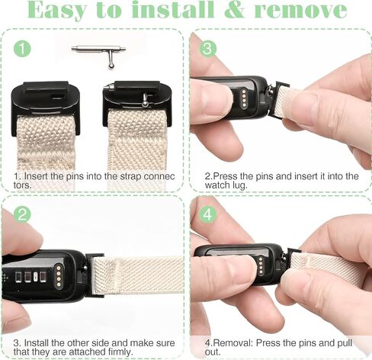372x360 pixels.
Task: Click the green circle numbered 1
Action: pyautogui.click(x=22, y=49)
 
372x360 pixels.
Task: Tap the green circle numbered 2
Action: pyautogui.click(x=22, y=214)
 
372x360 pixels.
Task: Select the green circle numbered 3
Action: pyautogui.click(x=207, y=49)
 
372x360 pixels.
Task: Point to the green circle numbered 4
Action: pyautogui.click(x=207, y=214)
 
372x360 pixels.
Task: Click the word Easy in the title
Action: pyautogui.click(x=57, y=10)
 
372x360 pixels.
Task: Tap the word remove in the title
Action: pyautogui.click(x=300, y=10)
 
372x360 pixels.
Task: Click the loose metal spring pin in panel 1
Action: pyautogui.click(x=98, y=55)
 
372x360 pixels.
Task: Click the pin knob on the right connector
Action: pyautogui.click(x=146, y=100)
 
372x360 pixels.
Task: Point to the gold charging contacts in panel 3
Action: pyautogui.click(x=244, y=98)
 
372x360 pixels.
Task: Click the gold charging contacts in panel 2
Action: pyautogui.click(x=59, y=276)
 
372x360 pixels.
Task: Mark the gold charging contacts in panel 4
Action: pyautogui.click(x=261, y=265)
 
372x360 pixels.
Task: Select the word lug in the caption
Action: pyautogui.click(x=240, y=185)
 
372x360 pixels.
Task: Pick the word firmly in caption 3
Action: pyautogui.click(x=119, y=352)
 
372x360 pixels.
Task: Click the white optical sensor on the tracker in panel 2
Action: pyautogui.click(x=36, y=277)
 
